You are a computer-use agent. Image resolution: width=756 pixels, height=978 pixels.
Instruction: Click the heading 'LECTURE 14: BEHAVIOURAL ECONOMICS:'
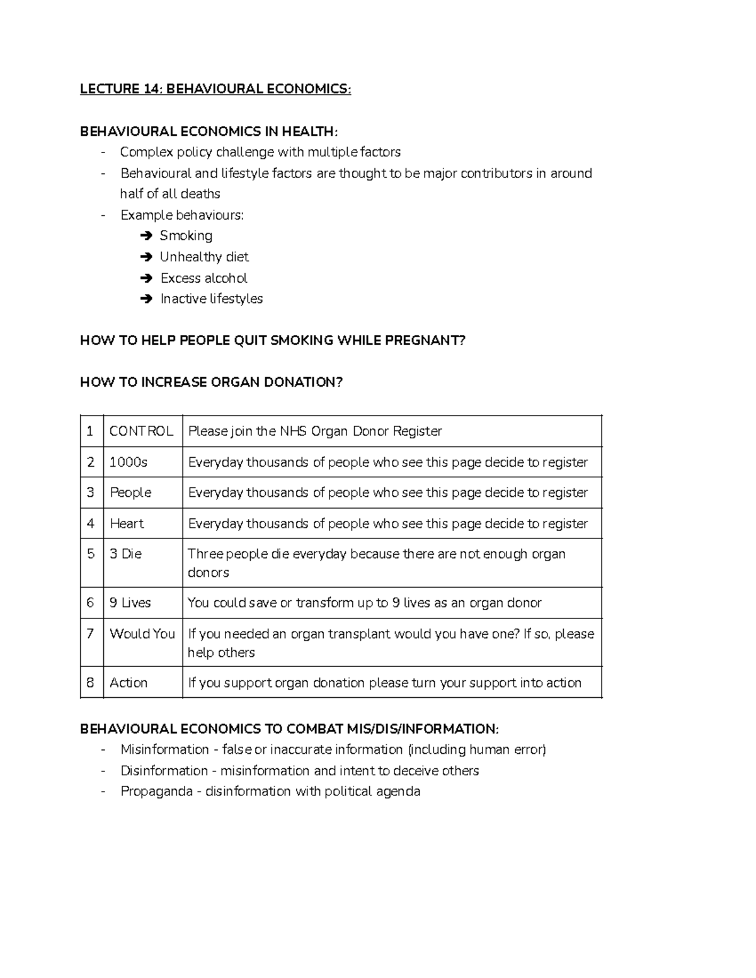pos(215,89)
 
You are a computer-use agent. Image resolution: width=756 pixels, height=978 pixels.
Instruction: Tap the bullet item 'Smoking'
pos(186,236)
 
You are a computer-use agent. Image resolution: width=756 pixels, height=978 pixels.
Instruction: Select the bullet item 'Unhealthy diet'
pos(204,257)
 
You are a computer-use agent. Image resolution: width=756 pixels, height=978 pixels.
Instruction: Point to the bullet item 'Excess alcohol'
pos(203,278)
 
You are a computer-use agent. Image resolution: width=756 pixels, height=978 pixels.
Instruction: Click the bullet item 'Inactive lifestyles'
pos(211,299)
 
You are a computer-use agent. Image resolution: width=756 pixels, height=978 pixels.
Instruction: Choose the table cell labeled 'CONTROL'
pos(141,431)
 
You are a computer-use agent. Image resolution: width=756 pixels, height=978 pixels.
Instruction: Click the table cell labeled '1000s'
pos(129,462)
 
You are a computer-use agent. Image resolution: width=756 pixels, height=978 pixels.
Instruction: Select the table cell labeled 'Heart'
pos(127,523)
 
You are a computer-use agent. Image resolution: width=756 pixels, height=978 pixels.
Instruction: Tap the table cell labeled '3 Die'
pos(125,554)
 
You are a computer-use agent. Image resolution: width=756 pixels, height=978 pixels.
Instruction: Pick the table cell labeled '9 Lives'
pos(130,603)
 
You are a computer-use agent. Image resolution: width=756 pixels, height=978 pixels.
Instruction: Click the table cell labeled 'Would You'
pos(142,634)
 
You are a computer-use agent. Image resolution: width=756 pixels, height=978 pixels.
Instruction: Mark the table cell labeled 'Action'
pos(129,683)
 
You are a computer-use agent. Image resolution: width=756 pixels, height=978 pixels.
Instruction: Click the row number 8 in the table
pos(90,683)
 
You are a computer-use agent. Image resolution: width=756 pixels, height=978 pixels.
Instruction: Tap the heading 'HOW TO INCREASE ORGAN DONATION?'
pos(211,382)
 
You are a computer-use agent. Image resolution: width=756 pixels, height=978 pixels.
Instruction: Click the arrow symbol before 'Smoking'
pos(147,236)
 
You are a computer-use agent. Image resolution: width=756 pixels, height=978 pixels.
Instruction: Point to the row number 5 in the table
pos(90,554)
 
